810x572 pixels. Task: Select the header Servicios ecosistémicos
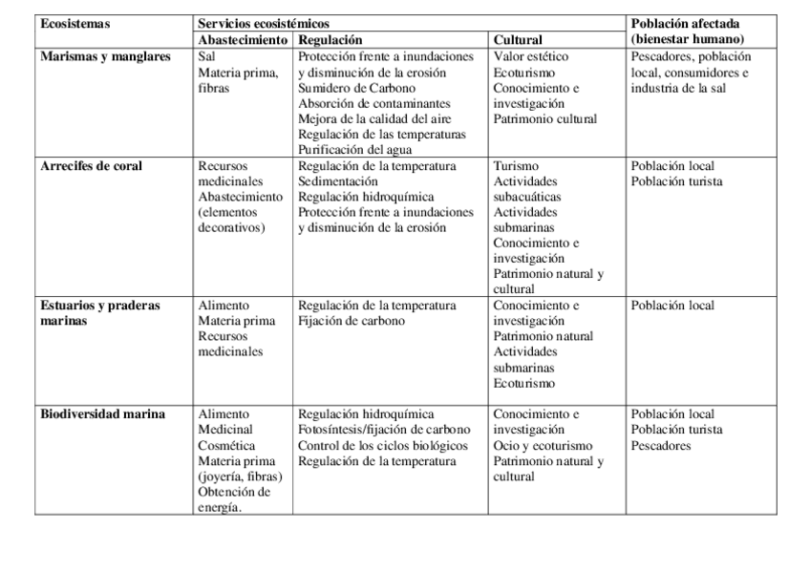click(x=267, y=24)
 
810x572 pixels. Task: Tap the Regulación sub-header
click(x=330, y=40)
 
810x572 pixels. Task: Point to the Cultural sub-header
click(x=519, y=40)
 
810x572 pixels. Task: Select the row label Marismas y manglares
click(x=106, y=57)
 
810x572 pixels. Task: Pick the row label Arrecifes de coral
click(x=92, y=166)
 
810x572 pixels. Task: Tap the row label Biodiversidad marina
click(x=103, y=414)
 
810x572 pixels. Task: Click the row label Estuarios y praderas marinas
click(x=100, y=313)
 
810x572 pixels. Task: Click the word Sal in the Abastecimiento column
click(x=207, y=57)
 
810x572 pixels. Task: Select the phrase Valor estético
click(x=531, y=57)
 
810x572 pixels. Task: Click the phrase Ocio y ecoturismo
click(x=544, y=446)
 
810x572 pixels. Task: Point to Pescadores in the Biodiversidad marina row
click(x=660, y=446)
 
